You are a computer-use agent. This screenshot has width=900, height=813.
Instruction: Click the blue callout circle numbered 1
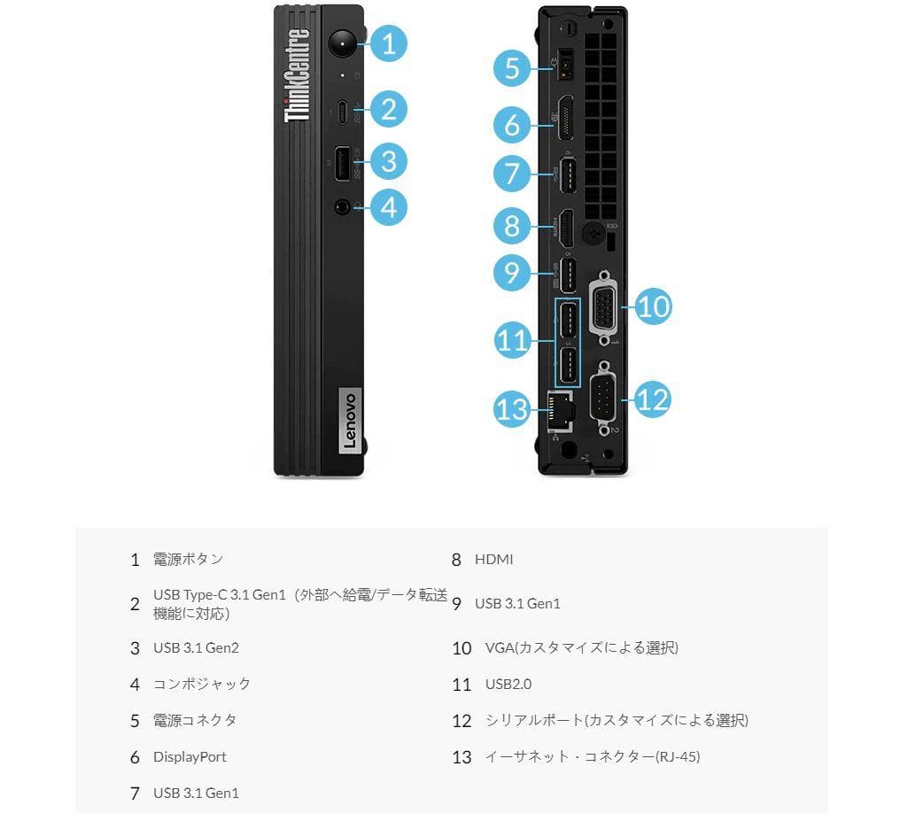(x=388, y=43)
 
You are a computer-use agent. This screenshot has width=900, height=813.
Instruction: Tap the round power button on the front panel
(x=342, y=43)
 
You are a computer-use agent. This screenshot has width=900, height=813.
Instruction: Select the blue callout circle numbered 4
(x=388, y=207)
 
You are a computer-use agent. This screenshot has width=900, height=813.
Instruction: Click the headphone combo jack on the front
(x=342, y=207)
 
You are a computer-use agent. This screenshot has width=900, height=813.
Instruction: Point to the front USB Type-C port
(x=342, y=111)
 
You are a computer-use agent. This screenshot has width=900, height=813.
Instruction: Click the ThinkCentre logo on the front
(x=297, y=75)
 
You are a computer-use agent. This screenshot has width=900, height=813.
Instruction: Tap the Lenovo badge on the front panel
(x=347, y=421)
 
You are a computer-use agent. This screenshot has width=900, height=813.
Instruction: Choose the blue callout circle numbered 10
(x=653, y=306)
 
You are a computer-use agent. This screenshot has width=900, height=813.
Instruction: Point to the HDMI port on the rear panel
(x=565, y=226)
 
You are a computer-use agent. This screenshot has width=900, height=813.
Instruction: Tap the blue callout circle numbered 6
(x=512, y=125)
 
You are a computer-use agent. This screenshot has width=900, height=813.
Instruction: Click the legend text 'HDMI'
(x=493, y=560)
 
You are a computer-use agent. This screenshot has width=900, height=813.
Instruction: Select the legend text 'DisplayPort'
(x=190, y=757)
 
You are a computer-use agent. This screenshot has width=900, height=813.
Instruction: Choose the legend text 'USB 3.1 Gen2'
(x=196, y=648)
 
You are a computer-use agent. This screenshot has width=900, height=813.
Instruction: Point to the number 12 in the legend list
(x=462, y=721)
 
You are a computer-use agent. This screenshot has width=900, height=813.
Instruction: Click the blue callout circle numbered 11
(x=512, y=341)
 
